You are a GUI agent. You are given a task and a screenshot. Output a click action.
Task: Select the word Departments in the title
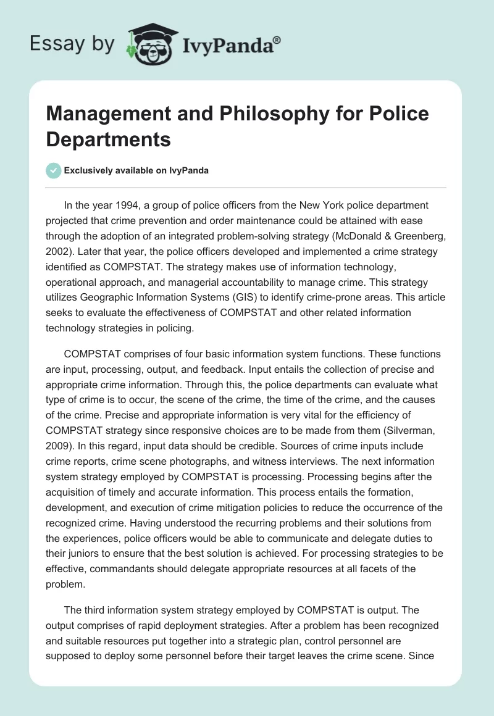pos(108,139)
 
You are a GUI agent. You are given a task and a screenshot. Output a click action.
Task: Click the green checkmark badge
pos(52,170)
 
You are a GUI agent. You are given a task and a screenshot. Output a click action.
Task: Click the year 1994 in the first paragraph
pos(127,205)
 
